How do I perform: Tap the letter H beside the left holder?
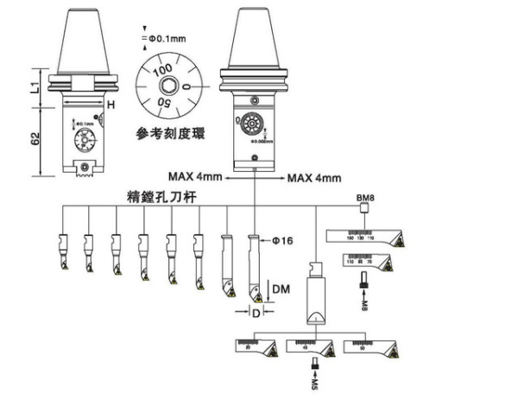111,105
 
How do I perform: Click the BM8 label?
364,198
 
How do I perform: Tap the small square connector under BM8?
364,213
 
